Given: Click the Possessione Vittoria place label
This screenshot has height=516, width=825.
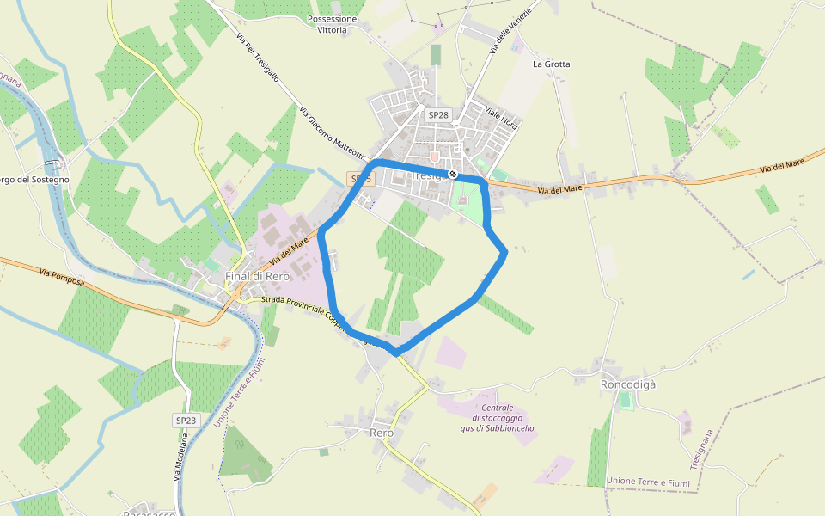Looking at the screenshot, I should click(x=332, y=24).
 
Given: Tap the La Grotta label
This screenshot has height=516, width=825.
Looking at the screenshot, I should click(x=551, y=64).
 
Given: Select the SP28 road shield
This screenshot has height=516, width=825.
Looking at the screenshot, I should click(x=438, y=114).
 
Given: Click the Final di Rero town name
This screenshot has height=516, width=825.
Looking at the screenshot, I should click(x=257, y=276).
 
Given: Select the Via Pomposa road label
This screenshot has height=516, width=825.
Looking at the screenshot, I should click(x=62, y=277).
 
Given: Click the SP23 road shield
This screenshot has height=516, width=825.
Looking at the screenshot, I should click(x=186, y=421).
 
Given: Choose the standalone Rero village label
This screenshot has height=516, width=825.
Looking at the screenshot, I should click(x=381, y=433).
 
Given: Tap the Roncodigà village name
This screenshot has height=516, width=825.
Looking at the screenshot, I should click(x=627, y=384).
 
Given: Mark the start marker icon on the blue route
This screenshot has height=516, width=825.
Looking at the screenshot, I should click(x=453, y=175).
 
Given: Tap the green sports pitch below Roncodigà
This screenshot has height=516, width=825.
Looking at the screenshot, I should click(x=626, y=401).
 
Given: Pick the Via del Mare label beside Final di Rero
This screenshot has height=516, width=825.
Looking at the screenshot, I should click(x=288, y=252).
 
